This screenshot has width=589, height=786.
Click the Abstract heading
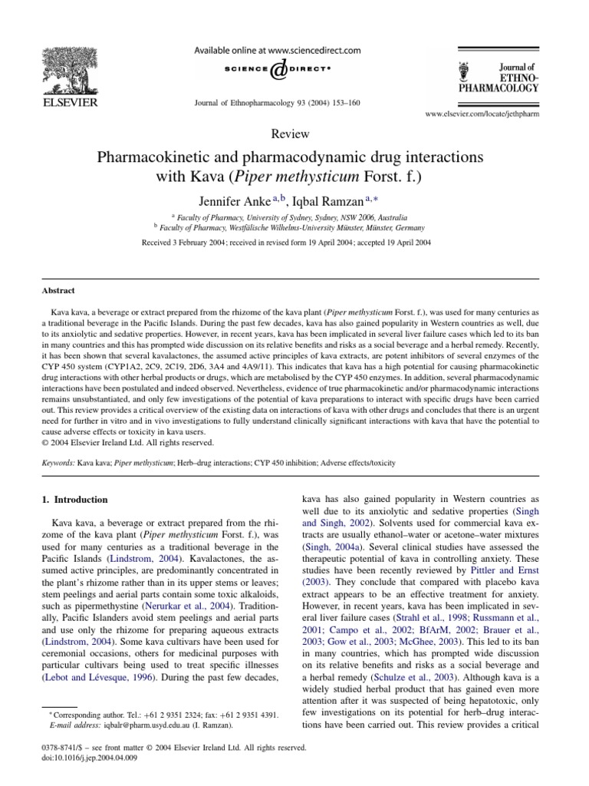click(58, 291)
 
